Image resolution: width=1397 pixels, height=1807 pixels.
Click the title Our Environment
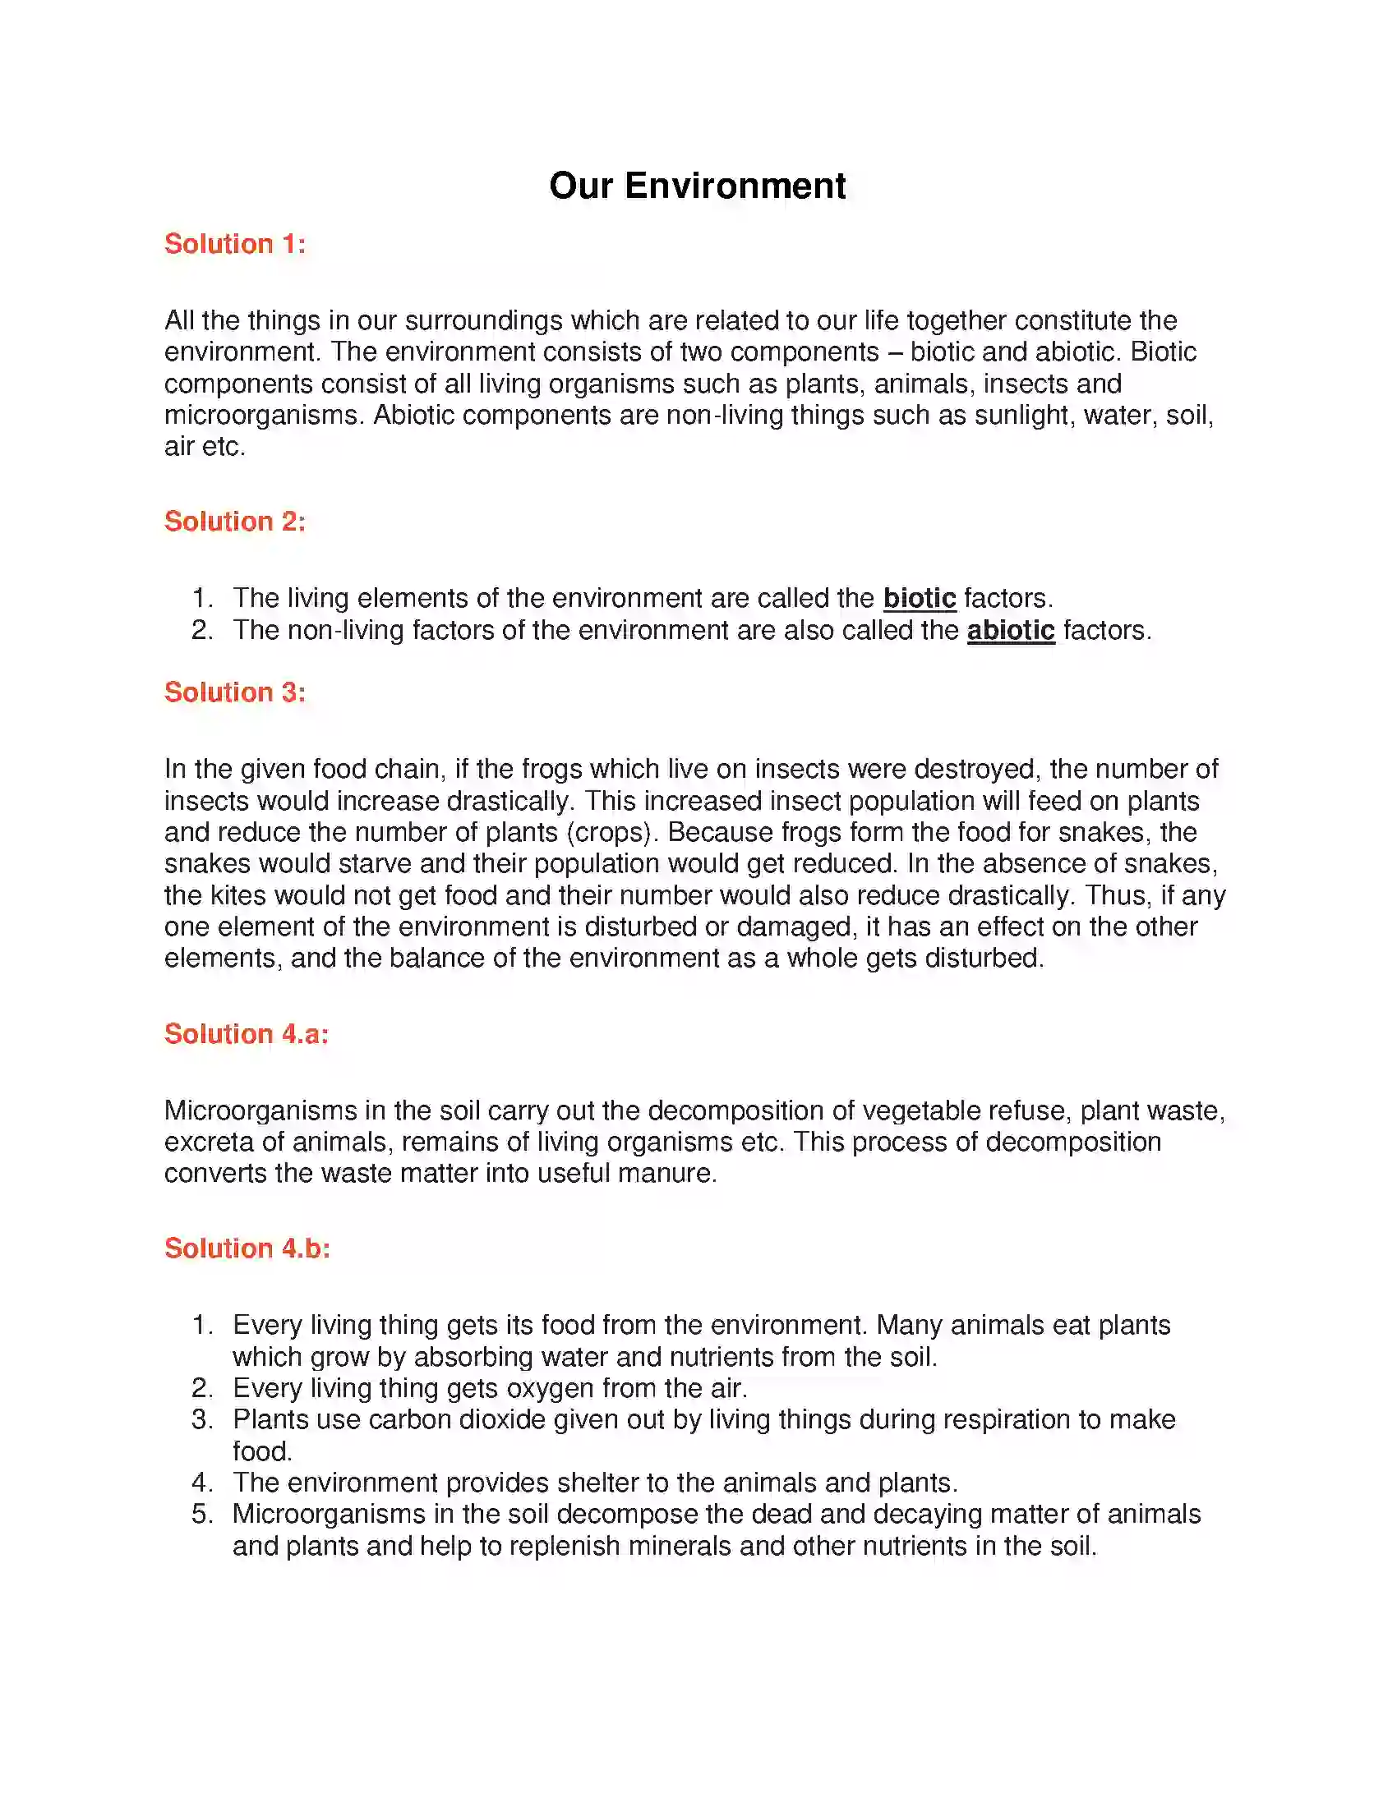pyautogui.click(x=697, y=186)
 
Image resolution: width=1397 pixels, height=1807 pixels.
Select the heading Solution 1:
pyautogui.click(x=235, y=244)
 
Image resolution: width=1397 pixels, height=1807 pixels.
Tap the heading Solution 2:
pyautogui.click(x=235, y=522)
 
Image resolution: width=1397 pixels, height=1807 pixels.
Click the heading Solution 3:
pyautogui.click(x=235, y=692)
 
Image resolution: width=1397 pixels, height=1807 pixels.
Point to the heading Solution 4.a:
pyautogui.click(x=247, y=1033)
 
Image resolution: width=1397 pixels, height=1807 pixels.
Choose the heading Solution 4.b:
pyautogui.click(x=247, y=1248)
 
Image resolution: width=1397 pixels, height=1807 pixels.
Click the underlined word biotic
pyautogui.click(x=919, y=598)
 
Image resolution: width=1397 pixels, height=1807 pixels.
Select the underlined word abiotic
pyautogui.click(x=1011, y=631)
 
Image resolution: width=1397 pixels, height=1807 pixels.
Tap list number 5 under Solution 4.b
pyautogui.click(x=202, y=1514)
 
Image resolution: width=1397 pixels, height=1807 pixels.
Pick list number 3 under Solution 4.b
pyautogui.click(x=202, y=1420)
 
